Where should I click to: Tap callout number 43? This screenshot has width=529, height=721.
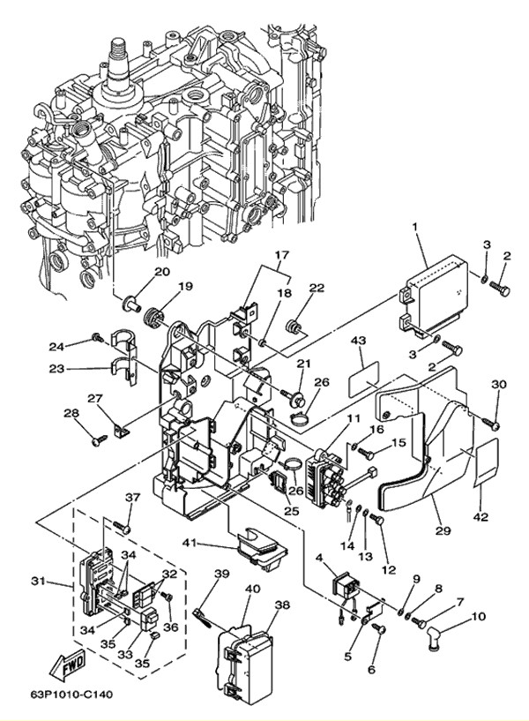358,340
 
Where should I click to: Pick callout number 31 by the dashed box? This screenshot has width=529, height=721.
37,580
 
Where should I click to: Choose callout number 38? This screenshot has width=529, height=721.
281,605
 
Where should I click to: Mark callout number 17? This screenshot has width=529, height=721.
280,256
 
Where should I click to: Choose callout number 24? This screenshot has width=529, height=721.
56,346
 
